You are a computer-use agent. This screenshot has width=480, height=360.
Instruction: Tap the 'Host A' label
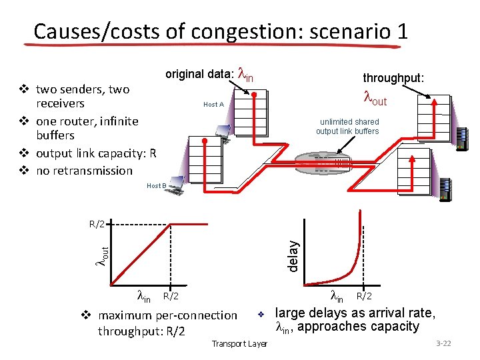pos(213,105)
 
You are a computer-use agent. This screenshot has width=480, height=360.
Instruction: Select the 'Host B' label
pos(156,186)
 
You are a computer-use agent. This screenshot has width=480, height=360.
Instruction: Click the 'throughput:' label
pos(393,78)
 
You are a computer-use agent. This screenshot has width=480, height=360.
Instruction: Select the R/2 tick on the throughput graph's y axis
pos(97,224)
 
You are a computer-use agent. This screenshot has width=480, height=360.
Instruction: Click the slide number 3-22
pos(443,343)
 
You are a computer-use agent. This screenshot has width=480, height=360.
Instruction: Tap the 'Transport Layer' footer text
pos(239,343)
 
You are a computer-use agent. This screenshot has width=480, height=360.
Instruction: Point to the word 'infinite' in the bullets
pos(117,121)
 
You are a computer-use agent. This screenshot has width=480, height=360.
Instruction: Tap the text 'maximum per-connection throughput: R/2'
pos(167,323)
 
